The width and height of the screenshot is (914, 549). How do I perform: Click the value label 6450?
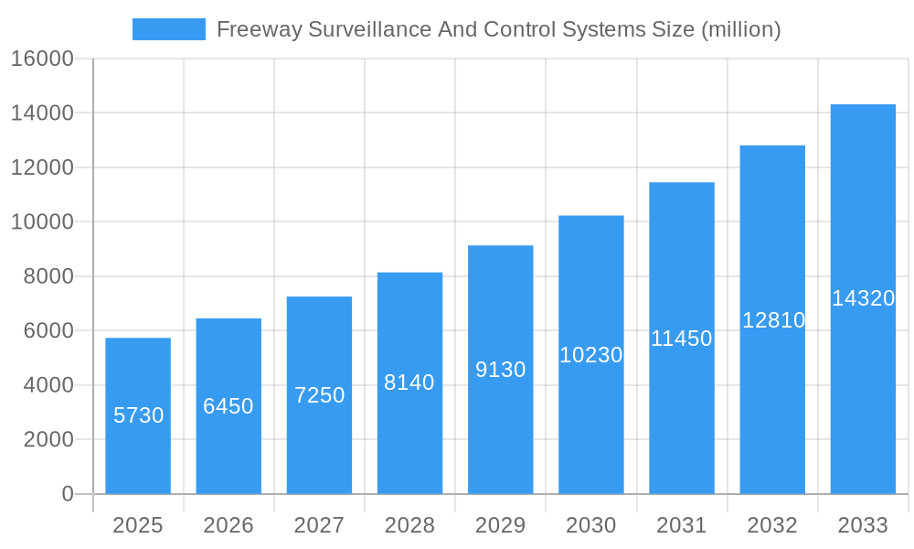tap(228, 406)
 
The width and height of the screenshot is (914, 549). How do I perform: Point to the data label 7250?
tap(319, 395)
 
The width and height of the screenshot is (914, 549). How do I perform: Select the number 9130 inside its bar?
tap(501, 370)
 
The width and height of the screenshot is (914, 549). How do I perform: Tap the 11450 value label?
tap(682, 339)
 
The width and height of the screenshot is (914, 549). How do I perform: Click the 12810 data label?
tap(773, 320)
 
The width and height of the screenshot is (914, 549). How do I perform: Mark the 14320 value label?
tap(863, 298)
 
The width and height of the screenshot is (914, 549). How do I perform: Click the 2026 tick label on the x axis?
tap(228, 525)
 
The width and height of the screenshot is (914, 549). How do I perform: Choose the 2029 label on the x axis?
tap(501, 525)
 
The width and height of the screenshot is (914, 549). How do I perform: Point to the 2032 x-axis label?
tap(772, 525)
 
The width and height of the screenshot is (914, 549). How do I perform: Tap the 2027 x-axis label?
tap(319, 525)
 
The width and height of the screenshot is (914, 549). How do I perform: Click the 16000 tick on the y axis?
tap(41, 59)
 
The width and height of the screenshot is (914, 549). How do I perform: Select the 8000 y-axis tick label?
tap(48, 276)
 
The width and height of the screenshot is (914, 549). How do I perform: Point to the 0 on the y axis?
tap(68, 494)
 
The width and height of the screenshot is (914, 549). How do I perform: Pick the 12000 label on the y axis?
tap(41, 167)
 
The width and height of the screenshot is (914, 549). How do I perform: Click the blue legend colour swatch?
tap(169, 29)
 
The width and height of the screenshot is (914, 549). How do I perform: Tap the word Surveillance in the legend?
tap(364, 29)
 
